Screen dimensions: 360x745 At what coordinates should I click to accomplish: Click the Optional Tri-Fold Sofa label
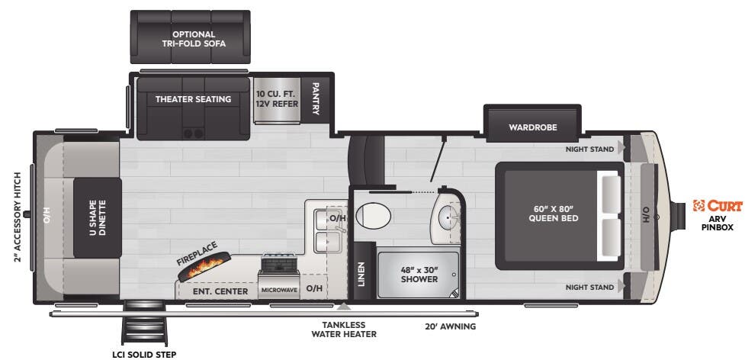click(193, 39)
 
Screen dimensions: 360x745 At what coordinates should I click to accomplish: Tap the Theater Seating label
click(193, 99)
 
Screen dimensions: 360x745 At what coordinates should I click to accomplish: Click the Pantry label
click(315, 99)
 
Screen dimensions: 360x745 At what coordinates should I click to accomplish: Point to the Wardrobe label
click(533, 127)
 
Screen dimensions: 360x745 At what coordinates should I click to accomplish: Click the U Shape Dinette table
click(98, 217)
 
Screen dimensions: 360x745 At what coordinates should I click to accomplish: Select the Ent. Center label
click(220, 291)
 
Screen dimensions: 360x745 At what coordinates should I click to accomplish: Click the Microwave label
click(278, 291)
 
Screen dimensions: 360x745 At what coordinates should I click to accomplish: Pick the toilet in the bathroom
click(373, 215)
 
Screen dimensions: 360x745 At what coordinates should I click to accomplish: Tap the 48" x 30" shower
click(419, 274)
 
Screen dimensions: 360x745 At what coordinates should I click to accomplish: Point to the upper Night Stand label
click(589, 149)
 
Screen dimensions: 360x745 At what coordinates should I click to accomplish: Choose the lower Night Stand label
click(589, 288)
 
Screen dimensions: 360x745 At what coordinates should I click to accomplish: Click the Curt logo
click(718, 205)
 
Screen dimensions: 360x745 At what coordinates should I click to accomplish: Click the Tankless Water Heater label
click(344, 329)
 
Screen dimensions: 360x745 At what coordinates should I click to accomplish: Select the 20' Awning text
click(451, 326)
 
